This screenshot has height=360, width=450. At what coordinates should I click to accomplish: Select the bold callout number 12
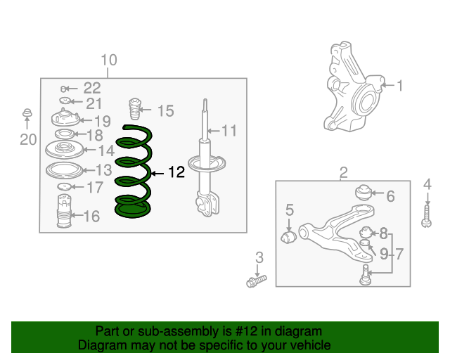(176, 172)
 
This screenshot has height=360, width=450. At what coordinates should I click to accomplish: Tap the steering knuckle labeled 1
(354, 88)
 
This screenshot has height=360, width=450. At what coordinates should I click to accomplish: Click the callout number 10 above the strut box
(109, 60)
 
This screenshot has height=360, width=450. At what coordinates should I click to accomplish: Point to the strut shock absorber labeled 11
(205, 161)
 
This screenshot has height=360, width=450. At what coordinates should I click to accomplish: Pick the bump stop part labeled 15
(135, 109)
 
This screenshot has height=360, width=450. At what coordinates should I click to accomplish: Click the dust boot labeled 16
(64, 212)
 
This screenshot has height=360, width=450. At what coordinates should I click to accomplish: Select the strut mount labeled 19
(65, 118)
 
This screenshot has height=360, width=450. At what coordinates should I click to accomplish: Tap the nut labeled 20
(27, 112)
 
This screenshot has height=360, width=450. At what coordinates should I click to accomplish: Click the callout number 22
(92, 88)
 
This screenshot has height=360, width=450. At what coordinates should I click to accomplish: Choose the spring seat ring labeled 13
(64, 171)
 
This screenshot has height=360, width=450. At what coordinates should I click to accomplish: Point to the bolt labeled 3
(257, 281)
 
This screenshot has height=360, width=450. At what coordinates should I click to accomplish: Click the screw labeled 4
(427, 217)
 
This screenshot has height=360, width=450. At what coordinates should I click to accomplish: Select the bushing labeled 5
(289, 237)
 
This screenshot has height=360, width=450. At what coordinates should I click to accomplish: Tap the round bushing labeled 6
(364, 193)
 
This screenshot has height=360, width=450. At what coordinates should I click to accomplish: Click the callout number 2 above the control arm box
(344, 172)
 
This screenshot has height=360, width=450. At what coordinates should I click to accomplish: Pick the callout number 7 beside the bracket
(399, 254)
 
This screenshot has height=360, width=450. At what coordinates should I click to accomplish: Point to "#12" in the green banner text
(246, 331)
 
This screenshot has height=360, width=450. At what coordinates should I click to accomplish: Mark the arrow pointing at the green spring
(157, 174)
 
